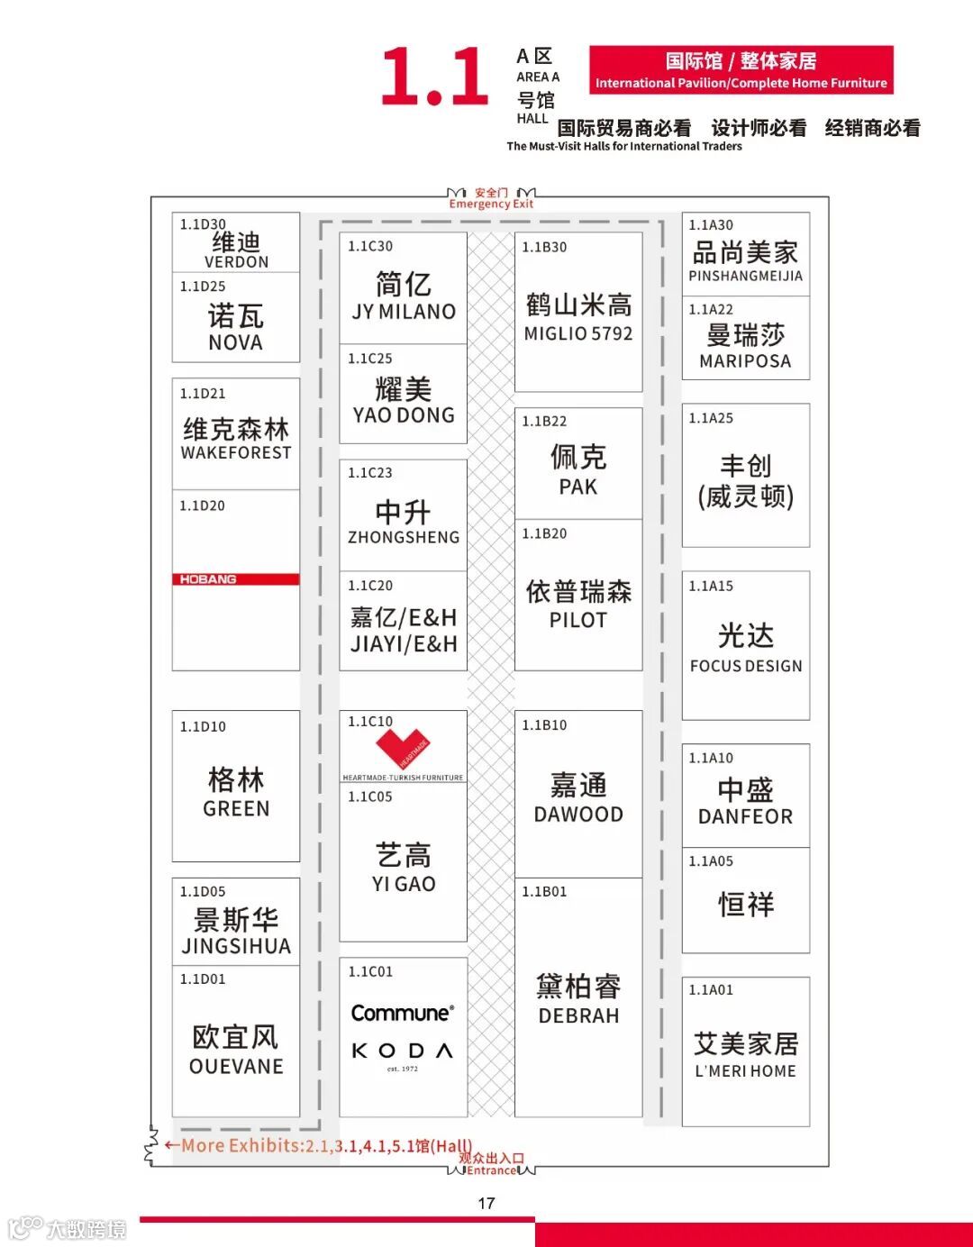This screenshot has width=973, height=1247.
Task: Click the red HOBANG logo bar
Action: [x=235, y=579]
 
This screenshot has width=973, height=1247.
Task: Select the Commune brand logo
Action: [x=403, y=1013]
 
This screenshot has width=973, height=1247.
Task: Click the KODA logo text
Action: [x=403, y=1051]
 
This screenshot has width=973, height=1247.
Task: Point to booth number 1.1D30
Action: [x=203, y=224]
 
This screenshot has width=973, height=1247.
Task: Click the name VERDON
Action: [x=236, y=262]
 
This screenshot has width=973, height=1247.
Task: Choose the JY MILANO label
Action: [x=404, y=312]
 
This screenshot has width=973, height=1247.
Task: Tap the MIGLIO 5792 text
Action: [x=578, y=333]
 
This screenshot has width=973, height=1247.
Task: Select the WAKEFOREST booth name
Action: [x=236, y=452]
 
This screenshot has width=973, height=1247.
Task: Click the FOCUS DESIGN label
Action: [x=746, y=666]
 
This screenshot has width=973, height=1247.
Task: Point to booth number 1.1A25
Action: [x=711, y=418]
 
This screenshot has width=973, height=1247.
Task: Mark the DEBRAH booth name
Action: [x=578, y=1015]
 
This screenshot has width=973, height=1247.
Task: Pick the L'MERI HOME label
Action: [x=746, y=1071]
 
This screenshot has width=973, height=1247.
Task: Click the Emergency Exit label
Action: [x=491, y=205]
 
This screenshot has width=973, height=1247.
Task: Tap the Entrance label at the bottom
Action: [x=492, y=1170]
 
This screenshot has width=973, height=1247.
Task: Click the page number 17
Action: [x=486, y=1203]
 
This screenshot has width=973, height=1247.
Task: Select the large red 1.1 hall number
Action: [x=434, y=77]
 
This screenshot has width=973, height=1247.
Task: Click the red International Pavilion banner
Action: [x=741, y=70]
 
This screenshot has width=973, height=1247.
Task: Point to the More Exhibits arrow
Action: [x=171, y=1145]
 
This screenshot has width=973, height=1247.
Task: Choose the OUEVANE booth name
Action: [x=236, y=1066]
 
